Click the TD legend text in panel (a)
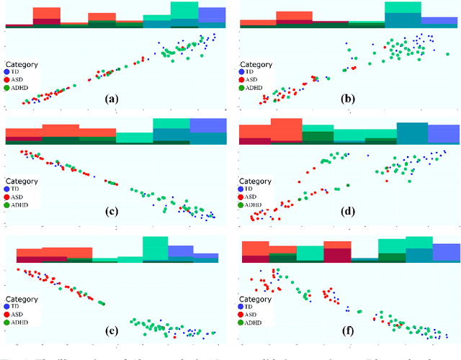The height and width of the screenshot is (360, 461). tap(16, 73)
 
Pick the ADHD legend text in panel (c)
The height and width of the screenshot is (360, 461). tap(19, 205)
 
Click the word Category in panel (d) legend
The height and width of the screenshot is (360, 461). tap(256, 181)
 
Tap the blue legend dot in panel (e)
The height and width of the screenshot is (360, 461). tap(7, 305)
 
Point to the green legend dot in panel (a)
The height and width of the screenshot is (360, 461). tap(7, 89)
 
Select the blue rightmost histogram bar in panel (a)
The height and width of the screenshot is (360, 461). tap(212, 16)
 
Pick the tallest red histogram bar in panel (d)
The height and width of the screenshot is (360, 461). tap(286, 130)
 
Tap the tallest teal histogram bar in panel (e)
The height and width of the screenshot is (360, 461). tap(155, 248)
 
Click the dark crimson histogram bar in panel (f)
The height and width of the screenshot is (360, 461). tap(337, 256)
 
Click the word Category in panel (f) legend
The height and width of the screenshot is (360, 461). tap(256, 299)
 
